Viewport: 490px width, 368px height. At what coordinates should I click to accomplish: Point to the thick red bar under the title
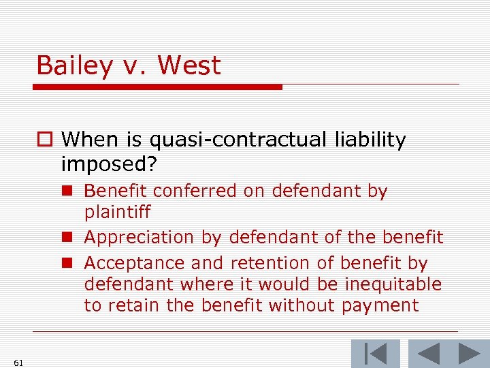pos(158,87)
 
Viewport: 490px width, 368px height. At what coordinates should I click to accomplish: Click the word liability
pos(370,140)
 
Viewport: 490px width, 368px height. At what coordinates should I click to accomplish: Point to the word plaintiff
pos(117,213)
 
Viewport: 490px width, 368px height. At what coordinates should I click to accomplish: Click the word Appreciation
pos(139,238)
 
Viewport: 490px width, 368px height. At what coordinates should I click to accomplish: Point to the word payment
pos(378,305)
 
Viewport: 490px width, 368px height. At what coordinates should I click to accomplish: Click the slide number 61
pos(18,363)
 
